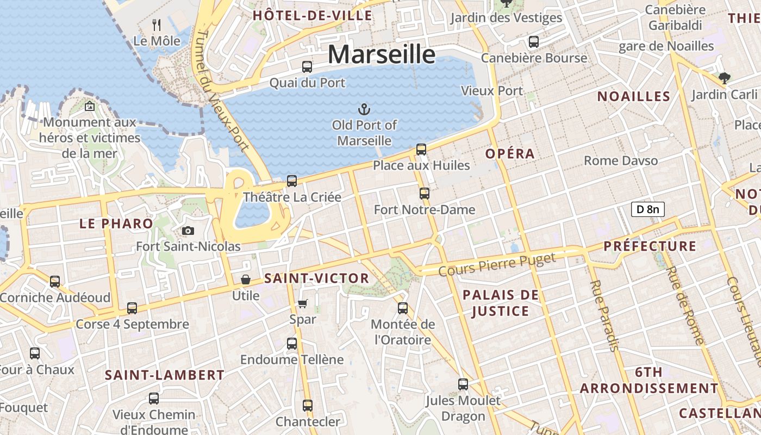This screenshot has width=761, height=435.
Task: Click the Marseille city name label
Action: point(382,54)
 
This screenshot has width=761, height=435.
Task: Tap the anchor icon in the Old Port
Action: point(364,109)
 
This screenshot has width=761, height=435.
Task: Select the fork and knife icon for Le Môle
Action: point(157,24)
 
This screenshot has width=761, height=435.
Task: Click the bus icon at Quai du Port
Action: point(307,67)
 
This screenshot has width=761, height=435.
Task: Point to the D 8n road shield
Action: point(648,209)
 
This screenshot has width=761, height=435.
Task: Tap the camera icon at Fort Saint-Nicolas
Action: point(188,231)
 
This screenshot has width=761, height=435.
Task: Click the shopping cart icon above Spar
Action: point(303,303)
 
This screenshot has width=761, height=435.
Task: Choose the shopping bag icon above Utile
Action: point(246,279)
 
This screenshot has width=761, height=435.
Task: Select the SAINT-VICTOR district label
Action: point(316,278)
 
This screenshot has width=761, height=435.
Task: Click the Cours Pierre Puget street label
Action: point(497,265)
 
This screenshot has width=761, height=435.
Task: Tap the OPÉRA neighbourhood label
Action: point(510,154)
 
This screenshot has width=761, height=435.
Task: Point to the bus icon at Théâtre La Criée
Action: point(292,181)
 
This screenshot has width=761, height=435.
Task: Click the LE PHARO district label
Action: point(116,223)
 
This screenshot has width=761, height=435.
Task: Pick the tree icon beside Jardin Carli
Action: point(724,78)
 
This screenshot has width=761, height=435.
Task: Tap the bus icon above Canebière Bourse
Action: point(534,42)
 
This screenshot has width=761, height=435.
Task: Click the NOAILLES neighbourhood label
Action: point(634,97)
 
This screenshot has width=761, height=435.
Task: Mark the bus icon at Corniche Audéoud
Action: point(55,282)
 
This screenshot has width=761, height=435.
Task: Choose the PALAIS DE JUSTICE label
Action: point(501,303)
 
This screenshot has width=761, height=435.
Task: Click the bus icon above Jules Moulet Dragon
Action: point(463,384)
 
